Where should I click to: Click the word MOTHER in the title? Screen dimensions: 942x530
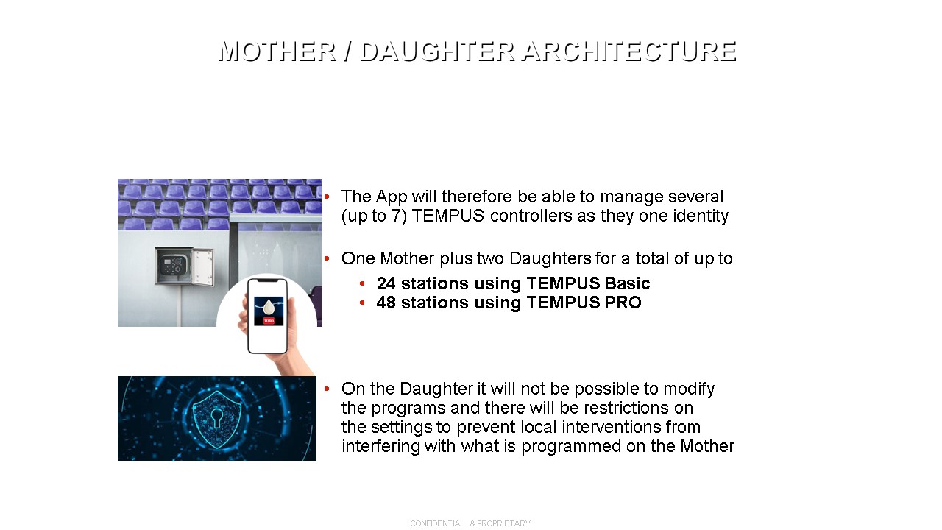coord(277,52)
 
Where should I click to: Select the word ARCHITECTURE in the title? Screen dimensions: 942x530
coord(629,52)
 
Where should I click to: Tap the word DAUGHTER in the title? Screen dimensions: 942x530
coord(438,52)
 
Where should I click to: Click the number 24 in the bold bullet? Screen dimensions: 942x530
coord(386,283)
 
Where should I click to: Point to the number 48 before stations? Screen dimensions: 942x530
coord(386,303)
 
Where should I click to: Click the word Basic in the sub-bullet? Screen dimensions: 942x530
coord(627,283)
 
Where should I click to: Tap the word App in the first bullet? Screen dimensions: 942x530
coord(391,197)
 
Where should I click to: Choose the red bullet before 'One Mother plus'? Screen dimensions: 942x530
coord(327,258)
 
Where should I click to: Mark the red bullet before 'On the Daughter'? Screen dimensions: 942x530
coord(327,389)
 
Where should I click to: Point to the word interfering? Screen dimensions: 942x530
coord(380,446)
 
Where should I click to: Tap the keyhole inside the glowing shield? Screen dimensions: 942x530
coord(217,417)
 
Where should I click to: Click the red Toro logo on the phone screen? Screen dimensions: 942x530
coord(269,320)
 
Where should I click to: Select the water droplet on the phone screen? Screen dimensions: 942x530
coord(269,308)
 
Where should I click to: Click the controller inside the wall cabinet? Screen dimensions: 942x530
coord(172,266)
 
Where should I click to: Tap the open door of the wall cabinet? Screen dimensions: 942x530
coord(203,267)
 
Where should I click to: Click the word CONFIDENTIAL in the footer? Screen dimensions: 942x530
coord(437,523)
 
